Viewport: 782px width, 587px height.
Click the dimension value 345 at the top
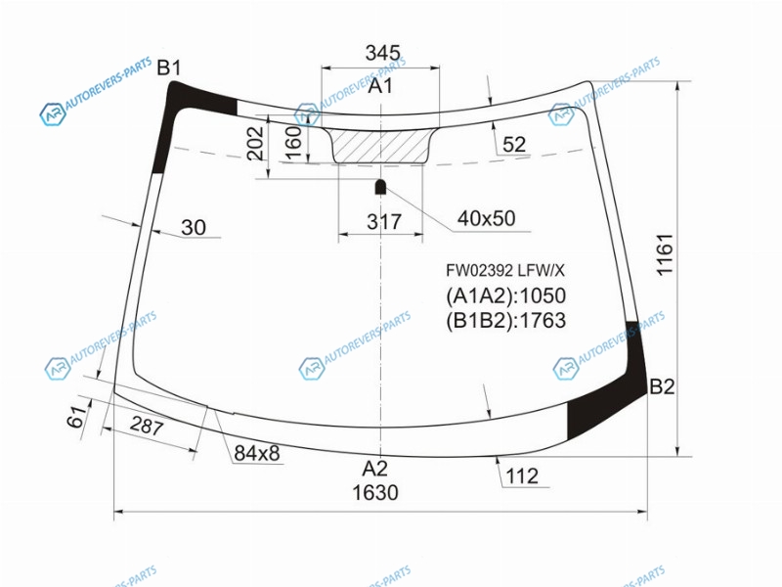click(x=382, y=53)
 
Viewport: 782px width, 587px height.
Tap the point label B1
click(x=169, y=68)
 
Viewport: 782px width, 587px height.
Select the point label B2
click(x=662, y=386)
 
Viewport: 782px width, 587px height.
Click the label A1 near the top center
click(x=380, y=86)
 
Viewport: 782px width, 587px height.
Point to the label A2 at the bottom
click(x=374, y=469)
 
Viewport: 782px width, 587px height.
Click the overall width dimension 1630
click(x=375, y=493)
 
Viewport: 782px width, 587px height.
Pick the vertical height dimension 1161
click(x=665, y=254)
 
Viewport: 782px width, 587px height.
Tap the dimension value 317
click(x=384, y=222)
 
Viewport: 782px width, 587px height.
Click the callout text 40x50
click(x=486, y=218)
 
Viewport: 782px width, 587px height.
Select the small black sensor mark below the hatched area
click(x=380, y=187)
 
